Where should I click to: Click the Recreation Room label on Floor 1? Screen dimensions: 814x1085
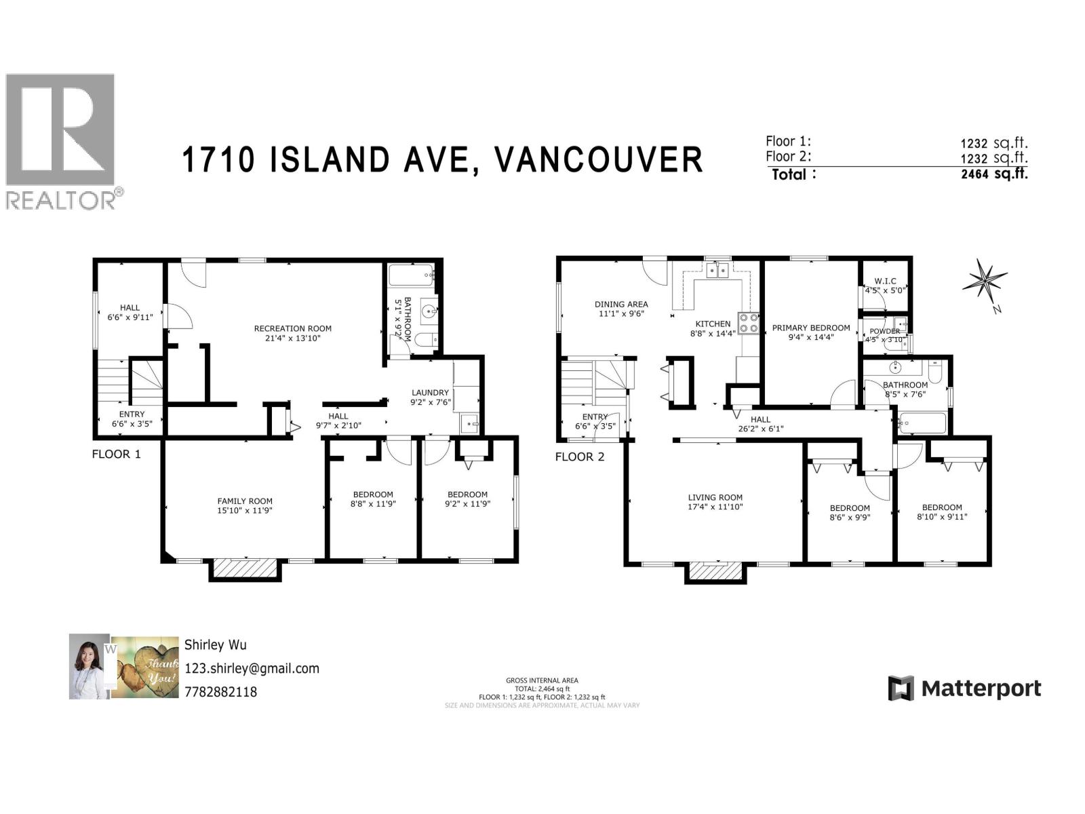(292, 328)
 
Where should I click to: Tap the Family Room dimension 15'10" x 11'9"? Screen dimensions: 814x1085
(245, 511)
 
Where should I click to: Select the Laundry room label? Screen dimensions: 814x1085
(430, 392)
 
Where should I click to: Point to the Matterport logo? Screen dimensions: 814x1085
(964, 689)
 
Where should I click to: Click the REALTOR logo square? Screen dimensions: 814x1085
(60, 130)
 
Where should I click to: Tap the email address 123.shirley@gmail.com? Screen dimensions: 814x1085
(252, 668)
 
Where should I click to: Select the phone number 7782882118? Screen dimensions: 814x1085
(220, 693)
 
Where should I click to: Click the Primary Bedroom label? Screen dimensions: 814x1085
(811, 328)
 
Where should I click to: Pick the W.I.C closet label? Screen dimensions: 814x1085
(885, 281)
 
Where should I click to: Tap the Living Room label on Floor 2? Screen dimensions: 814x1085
(715, 497)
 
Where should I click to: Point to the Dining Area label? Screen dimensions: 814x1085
(621, 305)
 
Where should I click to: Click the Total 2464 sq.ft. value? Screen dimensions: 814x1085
(994, 174)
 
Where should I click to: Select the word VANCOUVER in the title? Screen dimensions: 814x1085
(597, 160)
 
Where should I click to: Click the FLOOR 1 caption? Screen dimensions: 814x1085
(117, 454)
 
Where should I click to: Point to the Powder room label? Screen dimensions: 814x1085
(885, 331)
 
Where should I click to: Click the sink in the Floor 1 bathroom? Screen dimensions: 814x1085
(428, 311)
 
